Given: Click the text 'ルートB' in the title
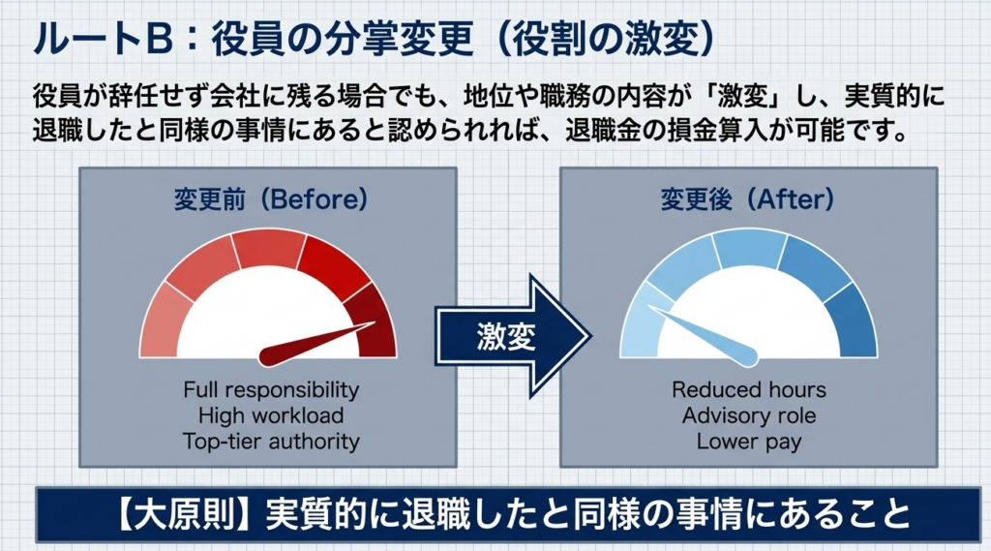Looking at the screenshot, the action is [x=104, y=40].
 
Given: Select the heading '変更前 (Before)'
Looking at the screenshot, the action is [x=271, y=199].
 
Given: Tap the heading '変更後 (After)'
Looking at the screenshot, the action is [x=748, y=199].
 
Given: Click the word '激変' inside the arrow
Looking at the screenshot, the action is [x=506, y=336].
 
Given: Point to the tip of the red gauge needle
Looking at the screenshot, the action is [x=375, y=323].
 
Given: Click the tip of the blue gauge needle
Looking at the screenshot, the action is [x=648, y=307].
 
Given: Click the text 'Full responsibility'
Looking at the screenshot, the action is [x=271, y=389].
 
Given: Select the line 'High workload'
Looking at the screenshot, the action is [x=271, y=415].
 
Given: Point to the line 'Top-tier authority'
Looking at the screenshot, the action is [x=271, y=442].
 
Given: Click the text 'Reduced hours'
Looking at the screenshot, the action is [x=749, y=389].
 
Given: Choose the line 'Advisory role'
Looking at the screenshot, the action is [x=749, y=415].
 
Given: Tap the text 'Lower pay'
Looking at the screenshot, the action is [x=749, y=442].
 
